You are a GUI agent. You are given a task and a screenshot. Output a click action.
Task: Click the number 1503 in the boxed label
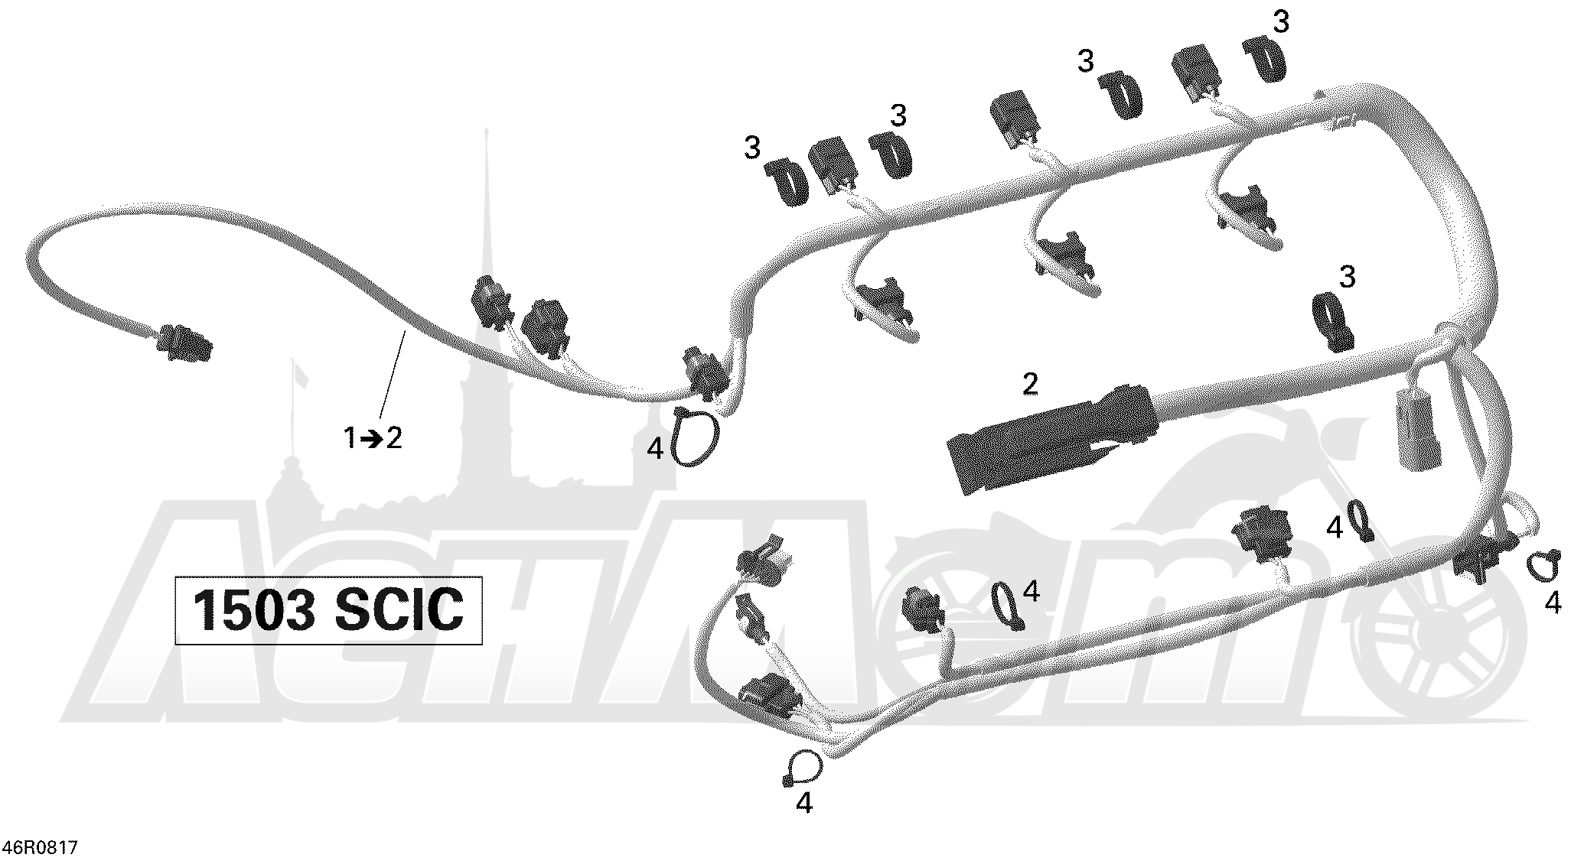(x=253, y=610)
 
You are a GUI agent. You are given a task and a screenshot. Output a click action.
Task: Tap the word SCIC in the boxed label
(x=399, y=610)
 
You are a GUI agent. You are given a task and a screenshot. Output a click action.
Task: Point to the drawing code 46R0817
(x=40, y=847)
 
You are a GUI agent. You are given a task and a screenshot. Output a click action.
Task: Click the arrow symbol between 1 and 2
(x=372, y=440)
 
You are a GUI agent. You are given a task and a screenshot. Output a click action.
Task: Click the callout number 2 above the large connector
(x=1030, y=384)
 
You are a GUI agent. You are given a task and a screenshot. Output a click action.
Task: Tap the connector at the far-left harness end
(x=184, y=343)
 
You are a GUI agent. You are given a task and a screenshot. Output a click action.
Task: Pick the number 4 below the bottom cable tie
(x=804, y=803)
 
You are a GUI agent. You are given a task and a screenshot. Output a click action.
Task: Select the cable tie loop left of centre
(x=695, y=437)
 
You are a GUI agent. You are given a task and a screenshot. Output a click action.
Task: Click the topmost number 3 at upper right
(x=1280, y=22)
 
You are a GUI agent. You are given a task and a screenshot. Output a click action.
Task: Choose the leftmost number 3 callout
(x=752, y=148)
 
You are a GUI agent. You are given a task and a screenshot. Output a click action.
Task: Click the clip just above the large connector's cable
(x=1333, y=321)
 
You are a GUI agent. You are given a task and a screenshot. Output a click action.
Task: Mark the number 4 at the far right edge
(x=1553, y=604)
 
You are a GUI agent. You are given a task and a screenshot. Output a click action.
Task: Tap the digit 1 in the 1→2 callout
(x=350, y=439)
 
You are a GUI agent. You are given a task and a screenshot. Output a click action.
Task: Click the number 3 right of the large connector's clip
(x=1348, y=276)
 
